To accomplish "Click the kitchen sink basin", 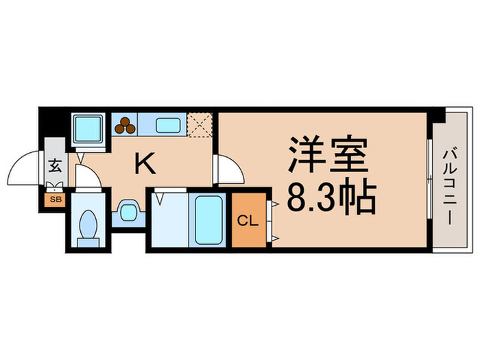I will [167, 125].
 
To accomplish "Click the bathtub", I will [208, 219].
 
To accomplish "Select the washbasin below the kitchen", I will [127, 211].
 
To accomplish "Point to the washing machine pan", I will [88, 127].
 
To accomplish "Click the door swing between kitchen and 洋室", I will [228, 170].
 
